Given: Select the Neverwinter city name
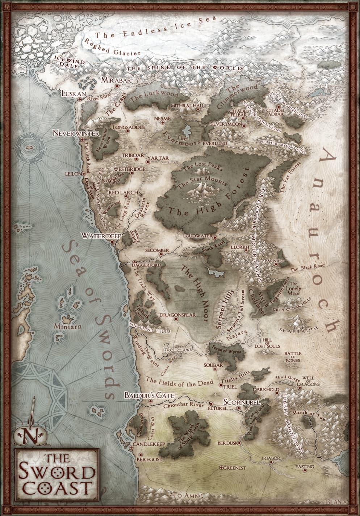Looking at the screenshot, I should pyautogui.click(x=76, y=133).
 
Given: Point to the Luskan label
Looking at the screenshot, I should pyautogui.click(x=74, y=93).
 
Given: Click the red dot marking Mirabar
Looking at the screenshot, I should pyautogui.click(x=117, y=86).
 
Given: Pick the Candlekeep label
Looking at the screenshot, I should pyautogui.click(x=149, y=444).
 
